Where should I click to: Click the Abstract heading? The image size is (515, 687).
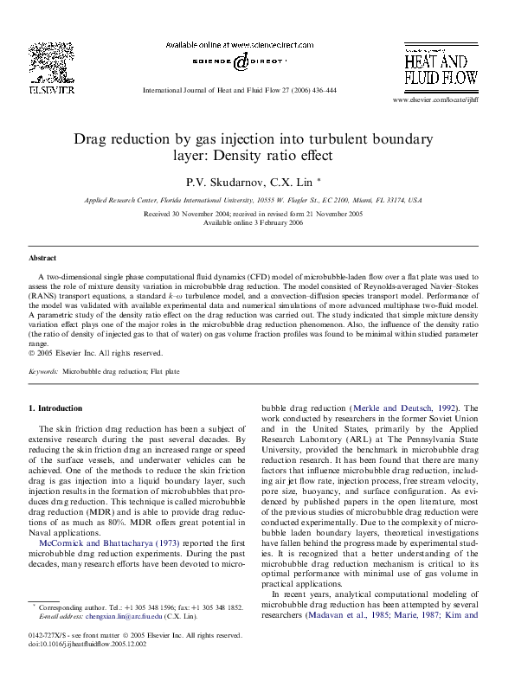[x=42, y=258]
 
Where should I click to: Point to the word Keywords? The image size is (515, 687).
[x=43, y=371]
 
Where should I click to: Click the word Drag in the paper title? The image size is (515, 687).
[x=91, y=138]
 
